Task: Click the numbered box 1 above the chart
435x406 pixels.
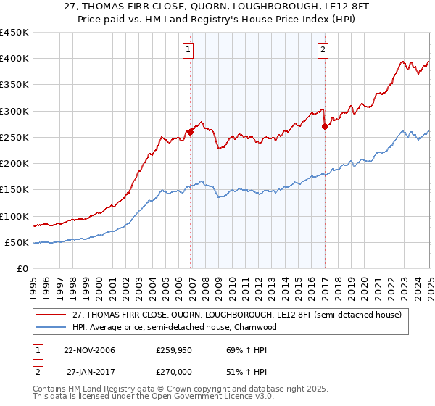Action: [188, 50]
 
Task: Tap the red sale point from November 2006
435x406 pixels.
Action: [191, 132]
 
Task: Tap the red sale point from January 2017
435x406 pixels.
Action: [325, 126]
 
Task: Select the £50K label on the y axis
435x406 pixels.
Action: [17, 243]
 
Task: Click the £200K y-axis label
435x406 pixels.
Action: [14, 164]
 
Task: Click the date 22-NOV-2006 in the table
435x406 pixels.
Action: [89, 350]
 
